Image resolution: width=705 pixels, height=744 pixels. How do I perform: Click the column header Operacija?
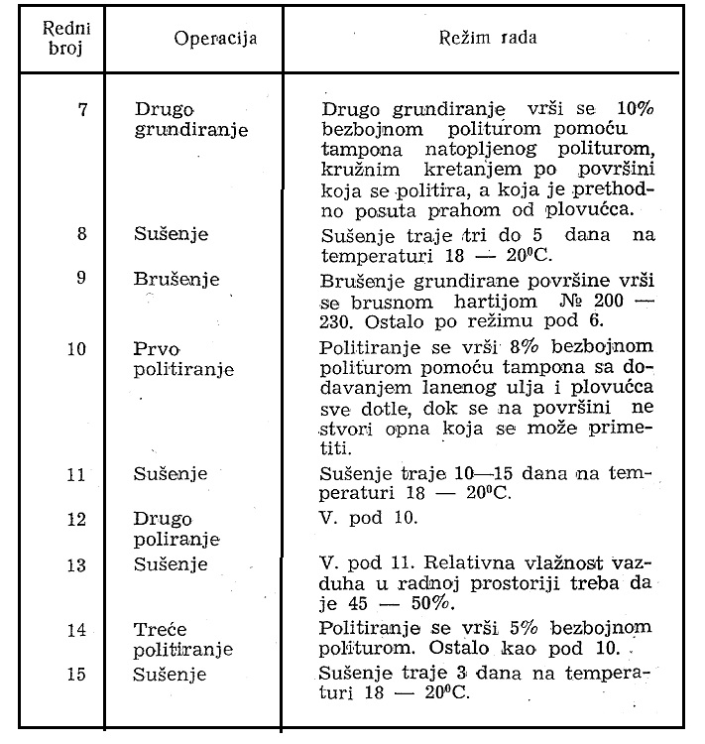tap(215, 40)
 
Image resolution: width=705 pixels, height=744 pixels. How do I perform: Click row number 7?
tap(80, 108)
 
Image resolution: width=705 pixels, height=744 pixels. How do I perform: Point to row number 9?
tap(80, 280)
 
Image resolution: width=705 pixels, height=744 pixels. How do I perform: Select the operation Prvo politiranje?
tap(183, 359)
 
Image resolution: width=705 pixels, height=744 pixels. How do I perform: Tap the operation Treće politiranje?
tap(183, 639)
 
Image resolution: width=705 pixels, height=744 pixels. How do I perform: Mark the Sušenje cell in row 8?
tap(171, 235)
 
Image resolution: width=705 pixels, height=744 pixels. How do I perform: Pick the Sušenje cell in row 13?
tap(171, 564)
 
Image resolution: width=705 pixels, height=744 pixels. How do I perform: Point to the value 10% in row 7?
tap(627, 108)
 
